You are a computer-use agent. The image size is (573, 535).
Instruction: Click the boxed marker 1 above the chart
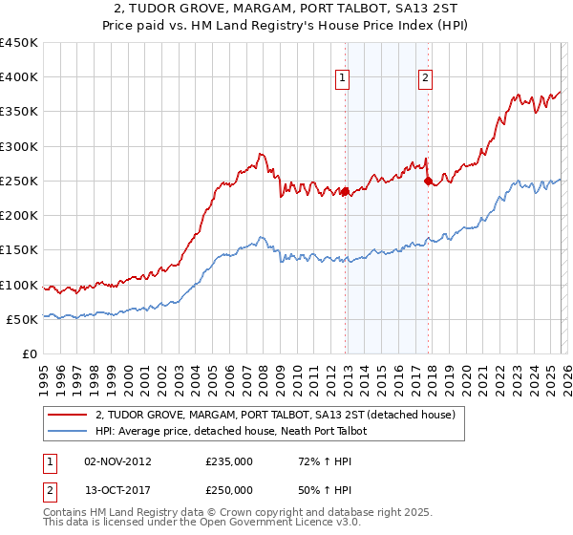[x=343, y=79]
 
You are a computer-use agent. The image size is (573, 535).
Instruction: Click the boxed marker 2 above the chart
[x=425, y=79]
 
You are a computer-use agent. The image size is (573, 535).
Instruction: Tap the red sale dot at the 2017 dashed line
[x=428, y=181]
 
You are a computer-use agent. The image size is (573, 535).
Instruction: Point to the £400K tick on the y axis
[x=20, y=77]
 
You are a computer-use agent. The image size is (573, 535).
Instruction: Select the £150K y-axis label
[x=20, y=250]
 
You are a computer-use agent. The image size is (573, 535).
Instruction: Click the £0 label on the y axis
[x=29, y=354]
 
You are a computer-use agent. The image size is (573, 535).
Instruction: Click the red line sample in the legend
[x=67, y=415]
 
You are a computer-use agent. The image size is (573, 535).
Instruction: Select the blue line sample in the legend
[x=67, y=432]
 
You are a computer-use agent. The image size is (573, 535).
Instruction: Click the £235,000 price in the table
[x=230, y=461]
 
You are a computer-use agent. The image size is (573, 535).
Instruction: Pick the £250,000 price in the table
[x=230, y=490]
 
